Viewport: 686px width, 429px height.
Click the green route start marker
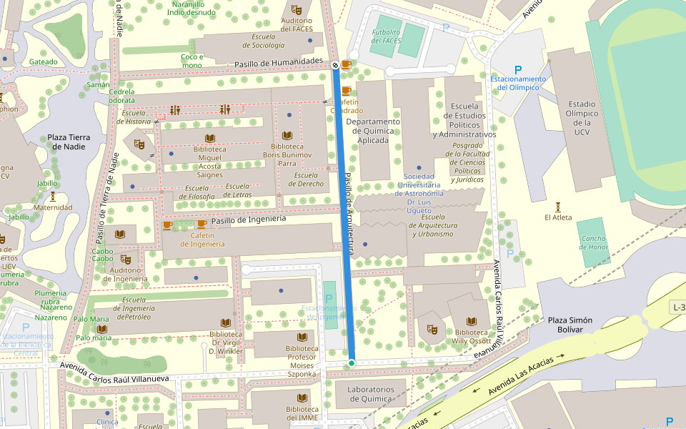[352, 363]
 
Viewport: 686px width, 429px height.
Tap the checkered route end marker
[335, 65]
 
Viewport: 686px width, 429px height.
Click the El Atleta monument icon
[558, 206]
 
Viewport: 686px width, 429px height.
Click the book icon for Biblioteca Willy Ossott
[471, 321]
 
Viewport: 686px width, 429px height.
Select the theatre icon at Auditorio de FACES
[297, 9]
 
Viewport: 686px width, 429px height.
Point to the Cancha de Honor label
[593, 243]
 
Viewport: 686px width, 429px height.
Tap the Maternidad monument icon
[53, 196]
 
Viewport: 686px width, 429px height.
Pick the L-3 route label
[678, 307]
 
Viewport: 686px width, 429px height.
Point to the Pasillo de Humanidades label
[279, 64]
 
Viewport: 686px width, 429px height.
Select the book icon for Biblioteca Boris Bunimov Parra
[288, 136]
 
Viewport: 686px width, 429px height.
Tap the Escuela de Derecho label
[306, 179]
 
